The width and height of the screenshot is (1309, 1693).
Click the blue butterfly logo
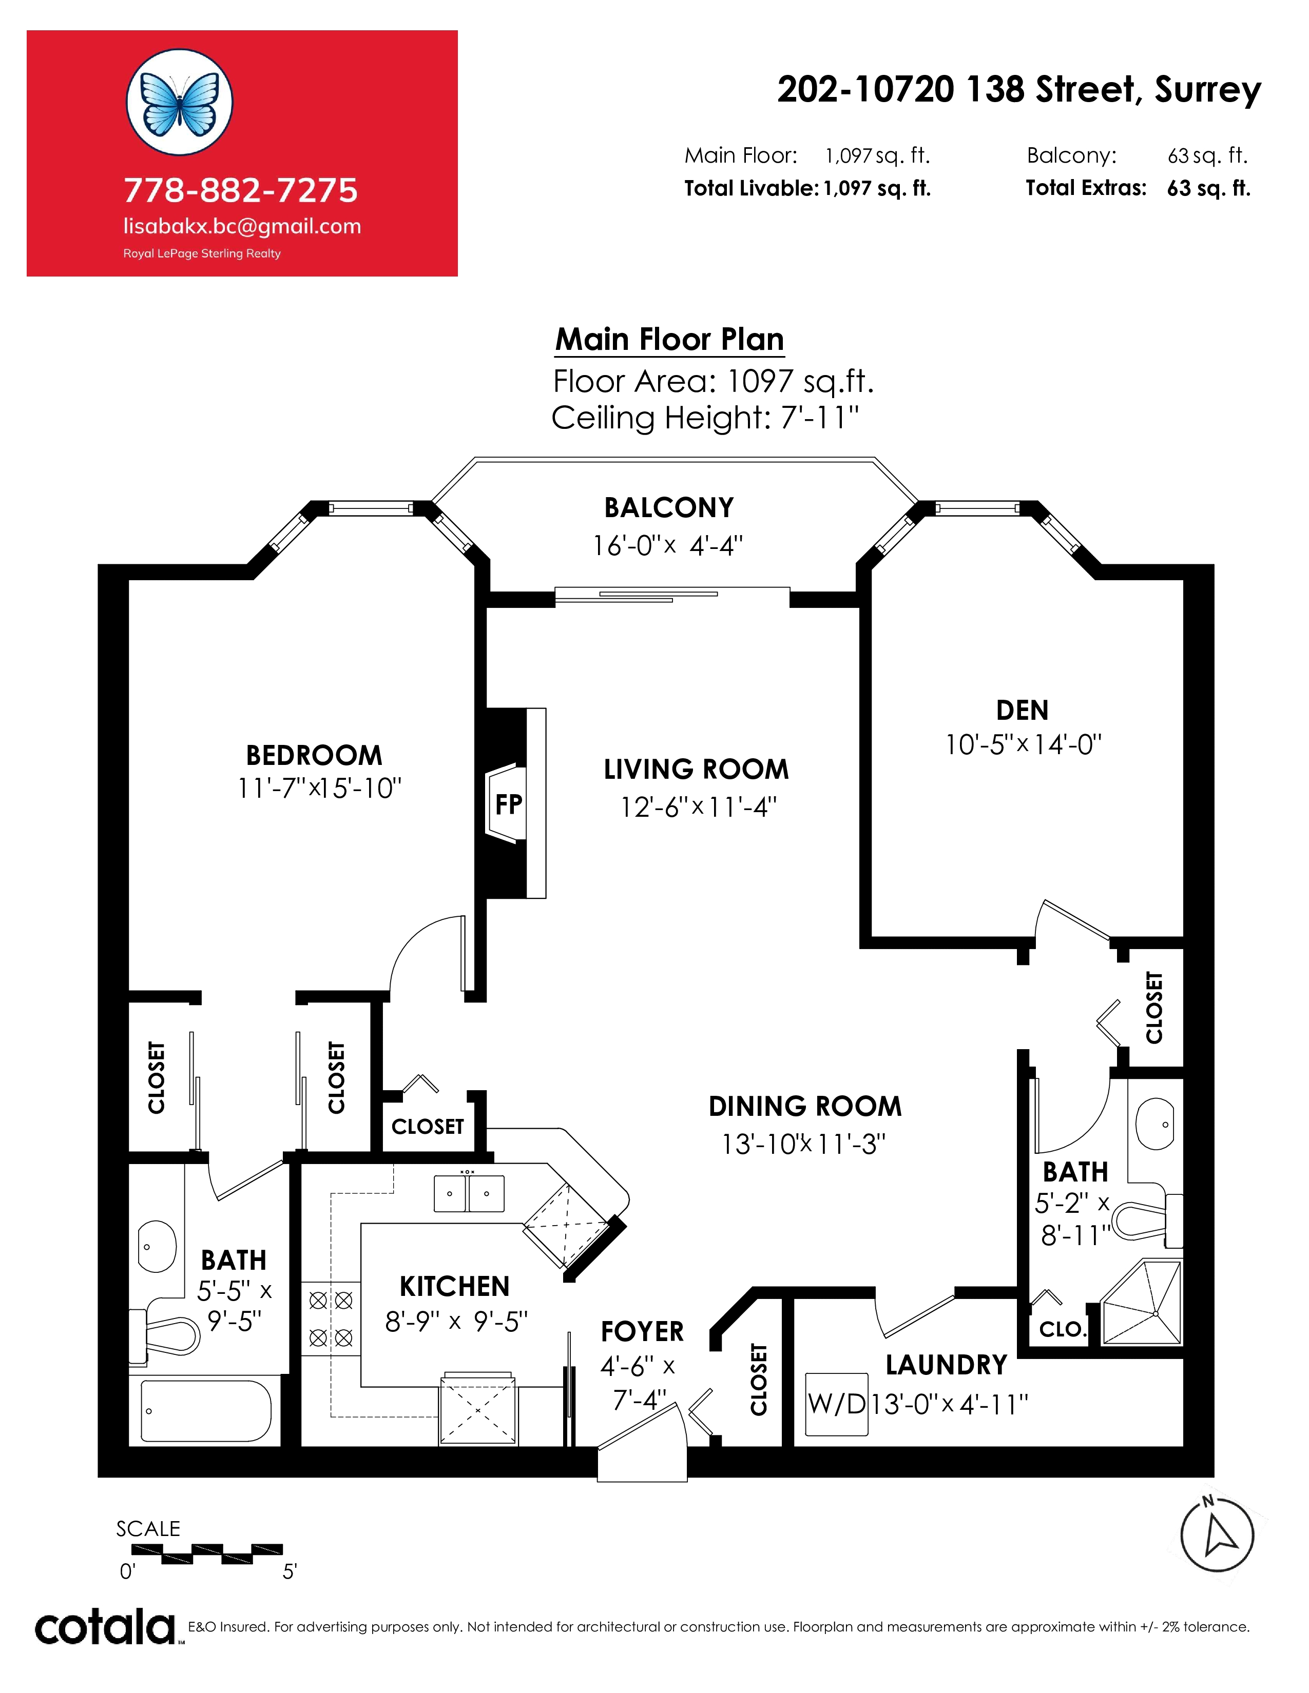pyautogui.click(x=179, y=102)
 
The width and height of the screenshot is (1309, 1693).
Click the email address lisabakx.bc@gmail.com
pyautogui.click(x=242, y=226)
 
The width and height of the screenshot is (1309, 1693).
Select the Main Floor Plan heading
pyautogui.click(x=669, y=340)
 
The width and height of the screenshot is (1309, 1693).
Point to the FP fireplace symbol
pyautogui.click(x=509, y=804)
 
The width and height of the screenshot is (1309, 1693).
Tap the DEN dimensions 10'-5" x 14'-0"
pyautogui.click(x=1023, y=745)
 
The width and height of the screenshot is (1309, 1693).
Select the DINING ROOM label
pyautogui.click(x=805, y=1106)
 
